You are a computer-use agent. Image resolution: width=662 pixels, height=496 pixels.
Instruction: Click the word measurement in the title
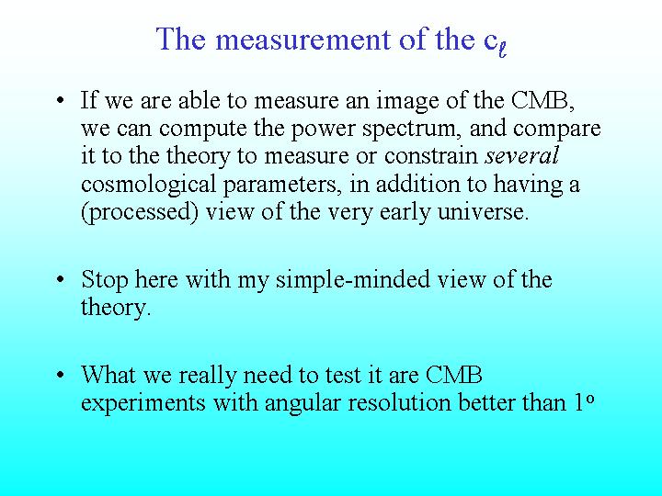click(304, 39)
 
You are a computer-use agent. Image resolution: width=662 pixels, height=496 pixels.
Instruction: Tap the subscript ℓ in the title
click(502, 50)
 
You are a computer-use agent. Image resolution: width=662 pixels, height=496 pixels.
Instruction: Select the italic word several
click(522, 155)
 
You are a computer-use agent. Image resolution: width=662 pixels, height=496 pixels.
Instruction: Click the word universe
click(483, 212)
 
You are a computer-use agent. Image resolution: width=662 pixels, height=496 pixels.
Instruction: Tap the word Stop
click(104, 280)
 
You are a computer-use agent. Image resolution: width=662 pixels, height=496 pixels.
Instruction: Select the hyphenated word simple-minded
click(352, 279)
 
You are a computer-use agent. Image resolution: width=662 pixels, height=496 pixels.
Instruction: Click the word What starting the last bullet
click(108, 374)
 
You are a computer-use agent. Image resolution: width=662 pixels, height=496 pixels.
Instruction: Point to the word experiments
click(143, 403)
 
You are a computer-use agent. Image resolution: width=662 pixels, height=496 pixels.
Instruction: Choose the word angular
click(302, 403)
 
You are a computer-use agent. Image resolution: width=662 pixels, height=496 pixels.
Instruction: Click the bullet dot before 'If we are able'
click(61, 101)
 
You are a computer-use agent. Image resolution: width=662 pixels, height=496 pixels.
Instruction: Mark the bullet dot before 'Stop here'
click(61, 279)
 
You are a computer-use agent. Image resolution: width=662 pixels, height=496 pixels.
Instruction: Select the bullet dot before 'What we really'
click(61, 375)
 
